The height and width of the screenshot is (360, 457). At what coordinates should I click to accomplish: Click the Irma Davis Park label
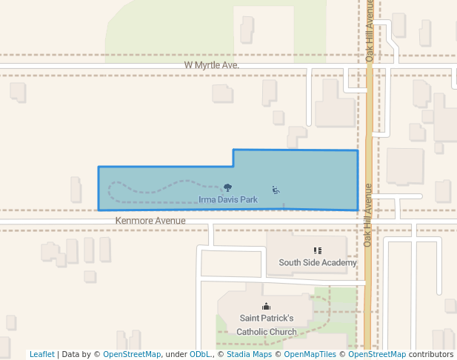point(228,199)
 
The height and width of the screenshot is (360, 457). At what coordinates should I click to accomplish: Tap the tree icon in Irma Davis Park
point(227,188)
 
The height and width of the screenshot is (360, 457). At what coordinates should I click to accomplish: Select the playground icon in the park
point(276,190)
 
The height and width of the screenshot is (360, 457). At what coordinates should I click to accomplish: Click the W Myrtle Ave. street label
point(212,65)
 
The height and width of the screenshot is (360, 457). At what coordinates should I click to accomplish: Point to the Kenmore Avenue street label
point(150,221)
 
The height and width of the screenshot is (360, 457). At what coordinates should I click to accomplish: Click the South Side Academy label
point(318,262)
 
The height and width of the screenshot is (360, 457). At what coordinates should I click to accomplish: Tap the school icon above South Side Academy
point(318,251)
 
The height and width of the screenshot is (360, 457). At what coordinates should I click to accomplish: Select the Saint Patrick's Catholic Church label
point(267,324)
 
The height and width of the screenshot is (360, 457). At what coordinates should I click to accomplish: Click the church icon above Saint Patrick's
point(267,307)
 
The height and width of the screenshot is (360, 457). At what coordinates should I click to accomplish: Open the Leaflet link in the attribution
point(41,354)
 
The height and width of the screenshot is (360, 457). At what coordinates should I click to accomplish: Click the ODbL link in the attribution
point(199,354)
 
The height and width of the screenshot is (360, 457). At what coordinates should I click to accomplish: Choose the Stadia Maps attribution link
point(249,354)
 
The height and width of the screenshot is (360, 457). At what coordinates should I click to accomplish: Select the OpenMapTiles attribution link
point(310,354)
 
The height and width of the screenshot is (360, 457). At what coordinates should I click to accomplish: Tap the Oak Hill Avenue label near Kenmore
point(367,215)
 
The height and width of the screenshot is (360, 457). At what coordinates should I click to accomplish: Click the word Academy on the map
point(340,262)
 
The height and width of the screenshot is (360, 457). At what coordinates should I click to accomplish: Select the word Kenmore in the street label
point(130,221)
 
